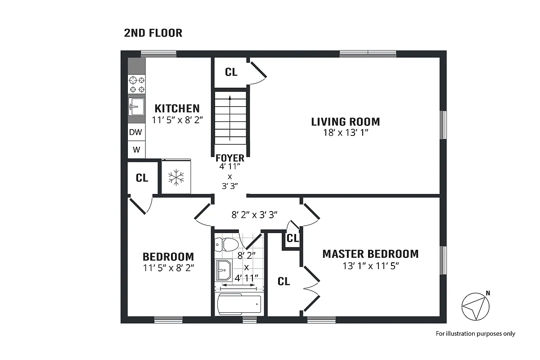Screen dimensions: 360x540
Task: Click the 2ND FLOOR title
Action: click(x=153, y=33)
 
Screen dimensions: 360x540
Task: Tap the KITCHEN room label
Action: click(x=177, y=108)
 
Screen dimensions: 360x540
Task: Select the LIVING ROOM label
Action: click(x=345, y=121)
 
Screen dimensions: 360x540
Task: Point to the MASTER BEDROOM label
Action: click(x=370, y=254)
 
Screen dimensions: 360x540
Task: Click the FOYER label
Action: click(x=229, y=158)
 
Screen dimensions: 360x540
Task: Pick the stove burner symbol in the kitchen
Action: click(x=137, y=85)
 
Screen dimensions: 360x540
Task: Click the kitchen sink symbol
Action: click(x=136, y=108)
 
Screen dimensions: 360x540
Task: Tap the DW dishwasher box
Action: click(x=136, y=132)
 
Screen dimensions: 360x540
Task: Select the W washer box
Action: click(x=136, y=149)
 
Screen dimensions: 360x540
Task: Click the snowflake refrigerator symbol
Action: click(x=176, y=177)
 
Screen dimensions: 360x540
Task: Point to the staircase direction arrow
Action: click(x=230, y=117)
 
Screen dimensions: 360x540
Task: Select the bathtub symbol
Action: click(x=239, y=305)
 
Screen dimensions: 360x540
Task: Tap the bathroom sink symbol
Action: click(x=223, y=270)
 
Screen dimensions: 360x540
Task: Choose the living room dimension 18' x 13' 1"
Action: click(x=345, y=133)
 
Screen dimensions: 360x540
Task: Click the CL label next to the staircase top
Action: click(x=231, y=72)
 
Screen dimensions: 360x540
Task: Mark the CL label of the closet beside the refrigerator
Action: click(x=142, y=178)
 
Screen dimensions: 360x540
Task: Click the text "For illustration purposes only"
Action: click(x=475, y=333)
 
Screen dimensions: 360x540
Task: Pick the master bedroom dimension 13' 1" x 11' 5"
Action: click(x=370, y=265)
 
